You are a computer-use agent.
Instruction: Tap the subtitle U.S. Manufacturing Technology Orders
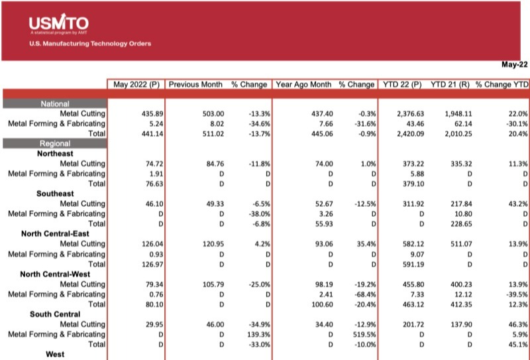click(x=90, y=44)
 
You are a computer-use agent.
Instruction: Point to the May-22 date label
click(x=513, y=65)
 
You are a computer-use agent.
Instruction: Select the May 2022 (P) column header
click(x=135, y=85)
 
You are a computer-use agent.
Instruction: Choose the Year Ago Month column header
click(x=303, y=85)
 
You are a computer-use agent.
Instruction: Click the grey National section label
click(x=54, y=104)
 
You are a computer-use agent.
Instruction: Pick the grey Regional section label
click(x=54, y=143)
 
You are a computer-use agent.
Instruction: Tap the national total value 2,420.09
click(x=407, y=133)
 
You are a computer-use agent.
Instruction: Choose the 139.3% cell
click(x=256, y=335)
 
